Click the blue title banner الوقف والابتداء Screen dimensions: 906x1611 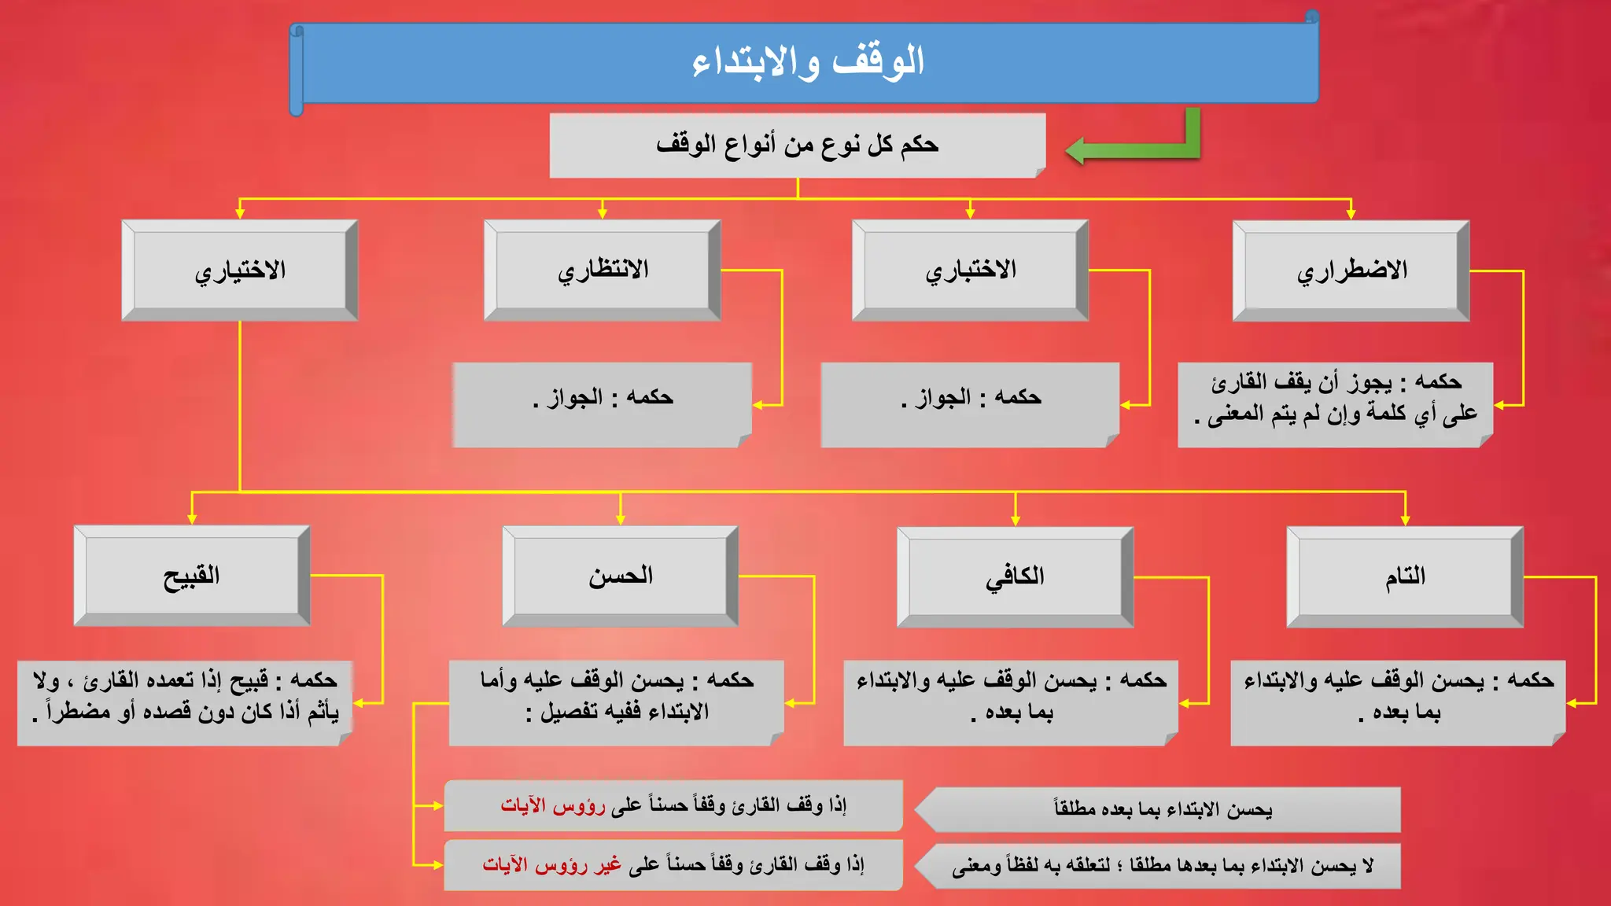(x=807, y=63)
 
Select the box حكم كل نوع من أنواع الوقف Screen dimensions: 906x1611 (x=798, y=145)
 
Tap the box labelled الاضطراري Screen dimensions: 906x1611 (x=1351, y=271)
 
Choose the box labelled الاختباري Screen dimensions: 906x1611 (x=970, y=270)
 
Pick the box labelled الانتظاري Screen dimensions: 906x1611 (x=603, y=270)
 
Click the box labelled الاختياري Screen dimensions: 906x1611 (x=240, y=270)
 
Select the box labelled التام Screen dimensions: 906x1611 (x=1405, y=576)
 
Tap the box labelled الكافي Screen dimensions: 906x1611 (x=1015, y=576)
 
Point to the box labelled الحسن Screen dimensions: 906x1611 (x=621, y=576)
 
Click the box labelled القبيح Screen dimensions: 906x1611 (x=192, y=576)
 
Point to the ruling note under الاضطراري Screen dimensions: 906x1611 (x=1335, y=405)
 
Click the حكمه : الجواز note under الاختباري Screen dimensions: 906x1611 (x=970, y=405)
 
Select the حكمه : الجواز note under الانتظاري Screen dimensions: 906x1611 (x=603, y=405)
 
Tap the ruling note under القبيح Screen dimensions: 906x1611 (x=185, y=702)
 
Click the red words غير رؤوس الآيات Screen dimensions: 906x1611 (x=551, y=865)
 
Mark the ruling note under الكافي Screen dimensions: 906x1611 (x=1011, y=702)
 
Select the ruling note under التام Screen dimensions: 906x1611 (x=1398, y=702)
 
